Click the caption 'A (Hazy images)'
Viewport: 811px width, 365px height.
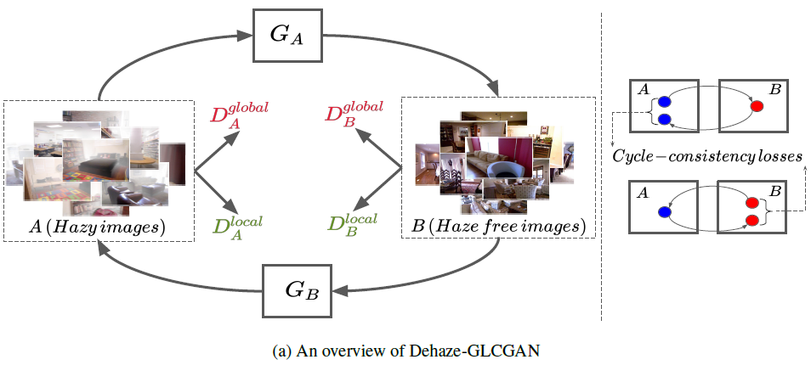click(97, 227)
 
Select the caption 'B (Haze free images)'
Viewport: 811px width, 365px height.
click(496, 227)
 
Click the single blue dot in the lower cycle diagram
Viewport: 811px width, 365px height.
click(664, 213)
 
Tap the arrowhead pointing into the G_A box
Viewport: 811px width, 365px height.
click(246, 36)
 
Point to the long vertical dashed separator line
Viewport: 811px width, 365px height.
click(602, 170)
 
